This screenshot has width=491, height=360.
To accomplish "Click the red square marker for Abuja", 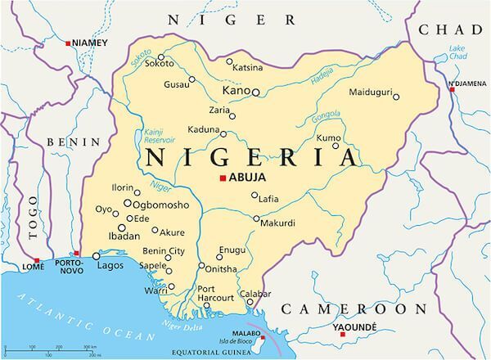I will pos(222,178).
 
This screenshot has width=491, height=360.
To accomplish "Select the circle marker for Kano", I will pos(255,92).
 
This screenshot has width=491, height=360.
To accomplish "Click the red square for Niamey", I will pos(68,42).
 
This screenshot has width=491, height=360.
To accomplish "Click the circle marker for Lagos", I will pos(96,256).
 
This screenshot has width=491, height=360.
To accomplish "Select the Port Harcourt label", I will pos(217,293).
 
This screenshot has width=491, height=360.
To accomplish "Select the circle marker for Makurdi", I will pos(256,219).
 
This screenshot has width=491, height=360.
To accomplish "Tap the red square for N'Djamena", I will pos(452,89).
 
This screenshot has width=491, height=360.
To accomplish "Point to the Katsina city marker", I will pos(229,61).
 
